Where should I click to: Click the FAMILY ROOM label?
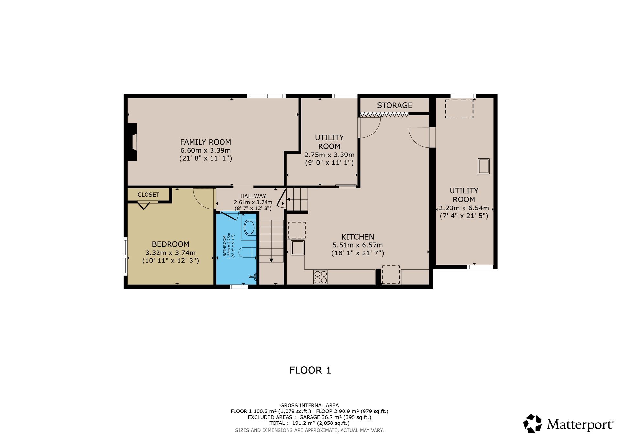click(x=205, y=142)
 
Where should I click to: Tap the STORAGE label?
click(x=394, y=105)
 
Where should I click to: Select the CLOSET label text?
click(x=148, y=195)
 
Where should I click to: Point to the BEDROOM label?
click(x=170, y=244)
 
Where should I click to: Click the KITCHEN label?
click(x=358, y=237)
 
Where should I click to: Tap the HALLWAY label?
click(x=253, y=196)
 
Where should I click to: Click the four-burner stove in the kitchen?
click(x=321, y=277)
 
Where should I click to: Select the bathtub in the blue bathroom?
click(x=249, y=228)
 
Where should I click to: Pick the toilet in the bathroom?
click(x=247, y=252)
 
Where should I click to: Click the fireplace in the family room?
click(x=132, y=142)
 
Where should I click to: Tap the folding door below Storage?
click(x=384, y=114)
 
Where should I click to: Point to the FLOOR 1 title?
click(x=310, y=370)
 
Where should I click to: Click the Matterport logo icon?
click(x=532, y=423)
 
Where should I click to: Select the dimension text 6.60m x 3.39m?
click(x=205, y=150)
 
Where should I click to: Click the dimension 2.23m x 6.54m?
click(x=464, y=208)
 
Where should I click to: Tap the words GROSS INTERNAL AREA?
click(x=310, y=405)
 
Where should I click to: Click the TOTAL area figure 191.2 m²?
click(x=300, y=423)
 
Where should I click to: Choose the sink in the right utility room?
click(x=484, y=166)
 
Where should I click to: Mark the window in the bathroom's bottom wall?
click(x=239, y=287)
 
